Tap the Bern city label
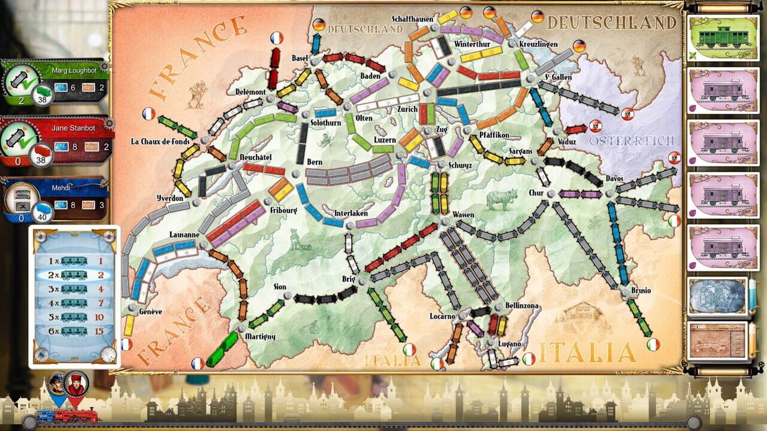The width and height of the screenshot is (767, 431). pyautogui.click(x=315, y=162)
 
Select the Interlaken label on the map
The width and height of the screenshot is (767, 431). pyautogui.click(x=351, y=214)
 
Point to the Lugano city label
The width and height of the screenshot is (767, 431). pyautogui.click(x=510, y=344)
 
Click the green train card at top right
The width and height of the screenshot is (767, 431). pyautogui.click(x=723, y=37)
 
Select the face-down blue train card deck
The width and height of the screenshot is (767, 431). pyautogui.click(x=717, y=296)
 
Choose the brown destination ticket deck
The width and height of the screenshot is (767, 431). pyautogui.click(x=717, y=341)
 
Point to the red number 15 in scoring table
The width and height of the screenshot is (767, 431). pyautogui.click(x=100, y=330)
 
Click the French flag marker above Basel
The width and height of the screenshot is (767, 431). pyautogui.click(x=276, y=38)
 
